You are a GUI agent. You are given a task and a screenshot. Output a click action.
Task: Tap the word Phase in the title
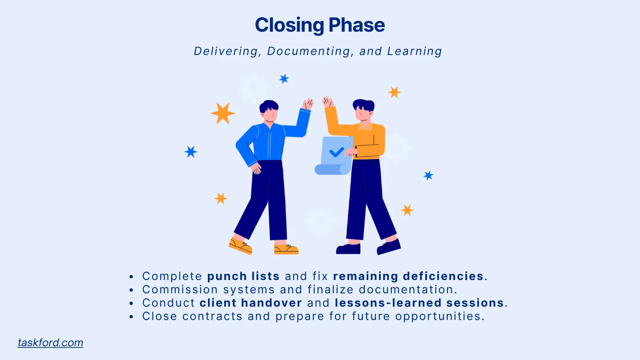pos(356,25)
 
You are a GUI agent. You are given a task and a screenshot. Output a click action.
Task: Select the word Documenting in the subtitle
pos(309,51)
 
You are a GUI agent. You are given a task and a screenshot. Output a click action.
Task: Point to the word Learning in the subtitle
pos(415,51)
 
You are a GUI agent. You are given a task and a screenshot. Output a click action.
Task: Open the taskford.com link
pos(50,342)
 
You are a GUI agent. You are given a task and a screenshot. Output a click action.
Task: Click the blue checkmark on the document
pos(336,152)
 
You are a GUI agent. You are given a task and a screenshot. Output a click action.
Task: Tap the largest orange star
pos(222,113)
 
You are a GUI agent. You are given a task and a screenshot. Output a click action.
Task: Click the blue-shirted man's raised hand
pos(308,104)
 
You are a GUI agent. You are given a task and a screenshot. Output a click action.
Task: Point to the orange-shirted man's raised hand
pos(328,102)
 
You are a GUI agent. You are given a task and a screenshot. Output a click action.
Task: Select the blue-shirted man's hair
pos(269,106)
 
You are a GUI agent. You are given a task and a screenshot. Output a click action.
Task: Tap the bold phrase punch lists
pos(243,276)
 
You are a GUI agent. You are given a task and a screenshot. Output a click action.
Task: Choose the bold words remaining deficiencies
pos(408,276)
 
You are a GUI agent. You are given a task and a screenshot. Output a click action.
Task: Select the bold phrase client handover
pos(250,303)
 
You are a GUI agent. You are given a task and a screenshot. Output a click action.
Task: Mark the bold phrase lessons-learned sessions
pos(420,303)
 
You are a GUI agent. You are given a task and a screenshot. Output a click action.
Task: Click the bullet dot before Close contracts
pos(131,317)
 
